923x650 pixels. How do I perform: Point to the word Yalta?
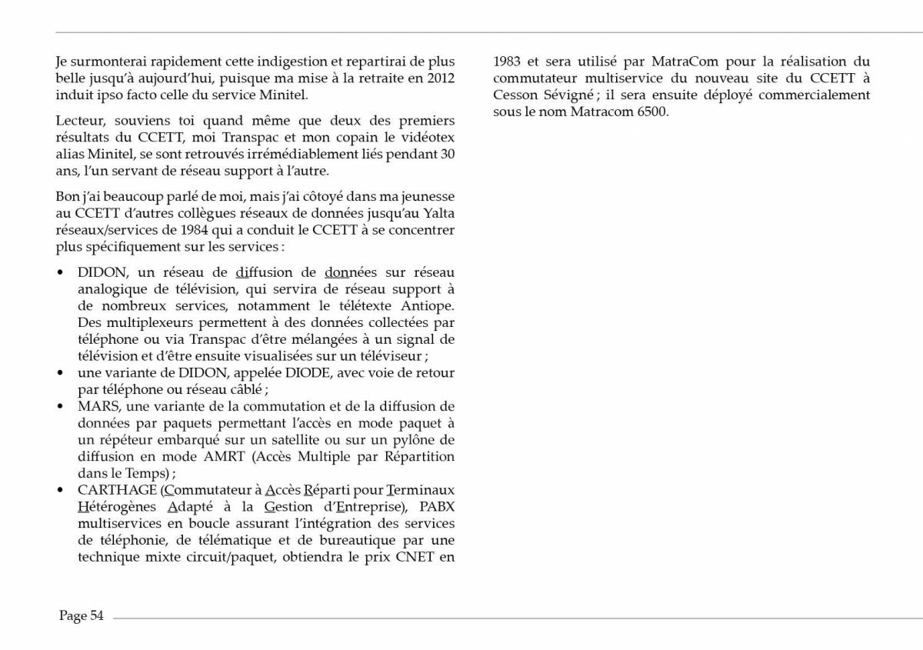[x=436, y=213]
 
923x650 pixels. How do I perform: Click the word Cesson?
[x=518, y=95]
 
